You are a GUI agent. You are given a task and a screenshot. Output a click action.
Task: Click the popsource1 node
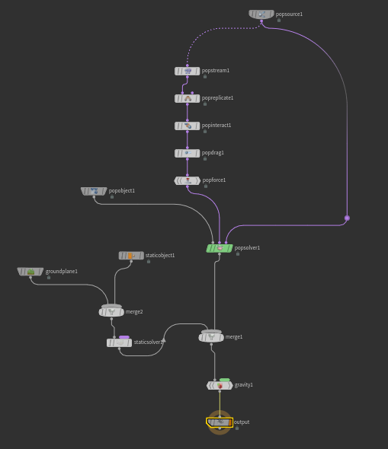(261, 14)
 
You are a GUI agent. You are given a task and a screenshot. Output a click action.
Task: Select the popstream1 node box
(188, 71)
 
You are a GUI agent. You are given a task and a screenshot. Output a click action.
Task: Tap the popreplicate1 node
(188, 98)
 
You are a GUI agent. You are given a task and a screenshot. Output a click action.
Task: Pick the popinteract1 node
(188, 126)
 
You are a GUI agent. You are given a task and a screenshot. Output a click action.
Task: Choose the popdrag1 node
(188, 153)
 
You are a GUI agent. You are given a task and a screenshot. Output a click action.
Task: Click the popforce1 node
(188, 180)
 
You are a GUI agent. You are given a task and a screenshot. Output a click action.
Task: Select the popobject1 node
(94, 191)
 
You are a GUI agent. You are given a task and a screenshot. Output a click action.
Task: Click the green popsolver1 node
(220, 248)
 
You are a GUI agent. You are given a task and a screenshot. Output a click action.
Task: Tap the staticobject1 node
(131, 256)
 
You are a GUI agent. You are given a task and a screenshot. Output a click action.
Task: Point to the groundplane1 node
(30, 272)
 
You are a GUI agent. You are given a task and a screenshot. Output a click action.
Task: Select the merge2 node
(111, 311)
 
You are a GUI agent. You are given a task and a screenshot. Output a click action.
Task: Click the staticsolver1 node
(119, 342)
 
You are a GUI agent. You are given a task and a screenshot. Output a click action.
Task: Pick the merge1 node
(211, 337)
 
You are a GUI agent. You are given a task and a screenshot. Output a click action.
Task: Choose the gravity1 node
(220, 385)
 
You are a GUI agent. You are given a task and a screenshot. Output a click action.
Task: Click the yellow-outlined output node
(220, 422)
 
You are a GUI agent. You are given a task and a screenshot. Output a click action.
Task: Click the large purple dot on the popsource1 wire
(347, 218)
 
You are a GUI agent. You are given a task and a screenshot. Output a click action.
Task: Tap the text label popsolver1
(247, 247)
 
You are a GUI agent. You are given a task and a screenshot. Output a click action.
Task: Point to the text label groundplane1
(62, 271)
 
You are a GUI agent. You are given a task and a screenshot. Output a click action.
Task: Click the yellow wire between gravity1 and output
(220, 404)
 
